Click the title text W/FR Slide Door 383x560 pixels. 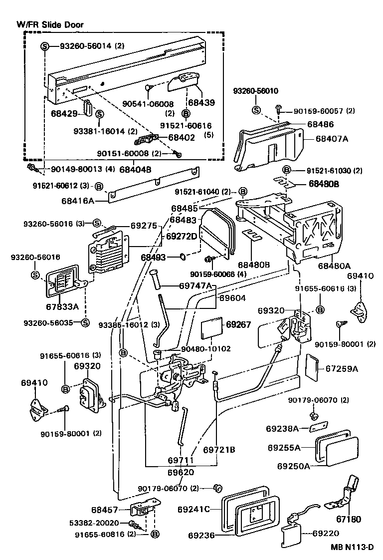50,24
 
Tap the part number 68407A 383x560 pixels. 332,139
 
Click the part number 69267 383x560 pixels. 239,324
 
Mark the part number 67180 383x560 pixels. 349,519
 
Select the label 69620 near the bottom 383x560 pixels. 181,472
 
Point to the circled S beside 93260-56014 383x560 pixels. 44,46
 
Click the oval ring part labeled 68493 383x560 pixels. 184,258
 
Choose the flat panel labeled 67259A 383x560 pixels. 312,368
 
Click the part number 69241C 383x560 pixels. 193,510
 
